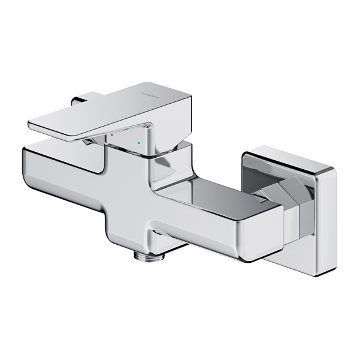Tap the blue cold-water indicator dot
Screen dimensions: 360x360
139,144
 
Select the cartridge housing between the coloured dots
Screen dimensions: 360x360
126,147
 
